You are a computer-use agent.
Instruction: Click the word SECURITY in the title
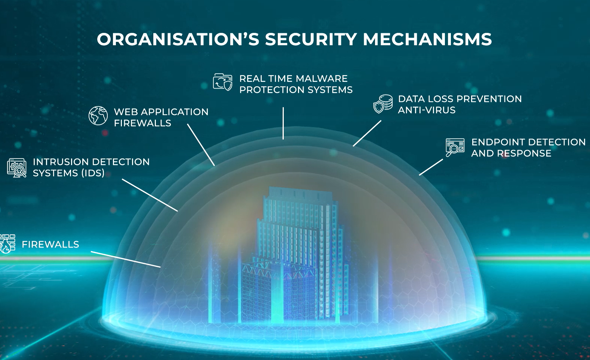[x=311, y=40]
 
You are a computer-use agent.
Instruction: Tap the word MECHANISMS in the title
[x=427, y=40]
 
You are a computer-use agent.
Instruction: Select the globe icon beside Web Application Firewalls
[x=98, y=116]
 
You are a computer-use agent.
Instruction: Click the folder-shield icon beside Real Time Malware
[x=222, y=82]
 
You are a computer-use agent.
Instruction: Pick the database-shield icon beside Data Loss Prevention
[x=383, y=104]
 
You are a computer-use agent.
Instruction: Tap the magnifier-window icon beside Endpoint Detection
[x=455, y=147]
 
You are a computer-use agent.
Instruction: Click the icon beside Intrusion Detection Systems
[x=17, y=167]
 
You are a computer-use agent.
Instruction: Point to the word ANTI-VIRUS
[x=427, y=110]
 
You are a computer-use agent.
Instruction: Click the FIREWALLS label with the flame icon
[x=50, y=244]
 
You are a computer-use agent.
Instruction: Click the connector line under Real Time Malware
[x=283, y=123]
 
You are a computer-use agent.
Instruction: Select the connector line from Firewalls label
[x=126, y=259]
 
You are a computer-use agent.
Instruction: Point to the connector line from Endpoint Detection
[x=431, y=167]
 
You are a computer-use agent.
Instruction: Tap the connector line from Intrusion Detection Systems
[x=150, y=195]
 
